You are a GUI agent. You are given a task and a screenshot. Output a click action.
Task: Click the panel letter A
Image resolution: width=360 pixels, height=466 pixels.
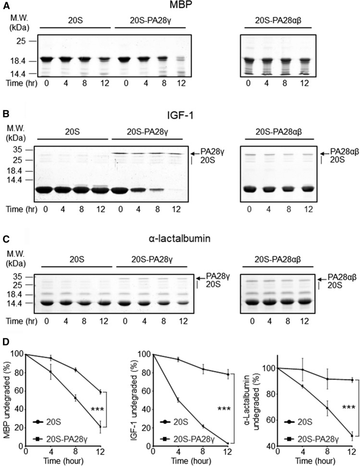[x=4, y=4]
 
